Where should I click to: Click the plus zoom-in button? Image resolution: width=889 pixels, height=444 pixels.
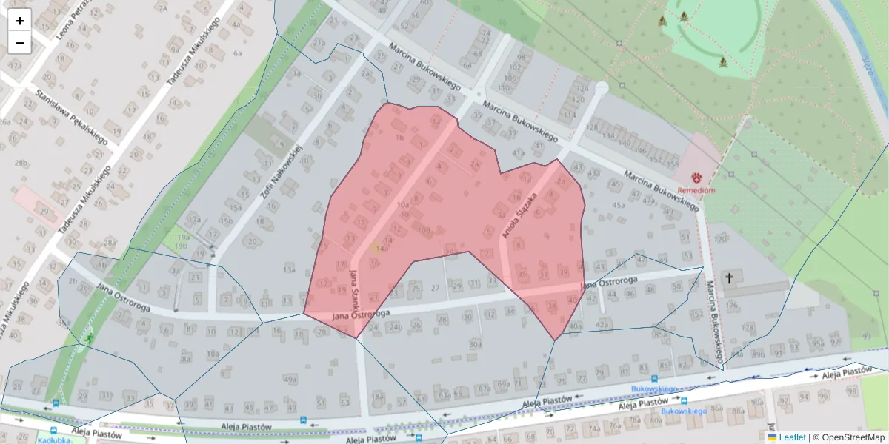[x=20, y=21]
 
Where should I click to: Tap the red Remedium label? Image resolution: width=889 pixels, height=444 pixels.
[x=696, y=190]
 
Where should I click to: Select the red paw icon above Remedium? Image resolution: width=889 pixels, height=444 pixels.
[x=697, y=178]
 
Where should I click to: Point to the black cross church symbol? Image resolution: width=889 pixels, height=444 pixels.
[x=729, y=278]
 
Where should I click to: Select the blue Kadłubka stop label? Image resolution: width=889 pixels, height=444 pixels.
[x=53, y=440]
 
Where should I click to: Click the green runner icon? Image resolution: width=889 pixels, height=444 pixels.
[x=89, y=338]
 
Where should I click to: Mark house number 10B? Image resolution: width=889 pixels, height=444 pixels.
[x=424, y=231]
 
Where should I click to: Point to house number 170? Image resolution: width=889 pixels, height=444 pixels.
[x=722, y=240]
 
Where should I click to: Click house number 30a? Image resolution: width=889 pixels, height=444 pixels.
[x=474, y=344]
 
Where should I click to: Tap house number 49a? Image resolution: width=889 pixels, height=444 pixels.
[x=290, y=380]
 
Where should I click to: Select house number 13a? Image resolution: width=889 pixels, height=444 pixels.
[x=289, y=271]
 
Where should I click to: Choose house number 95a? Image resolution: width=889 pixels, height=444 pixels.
[x=816, y=343]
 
